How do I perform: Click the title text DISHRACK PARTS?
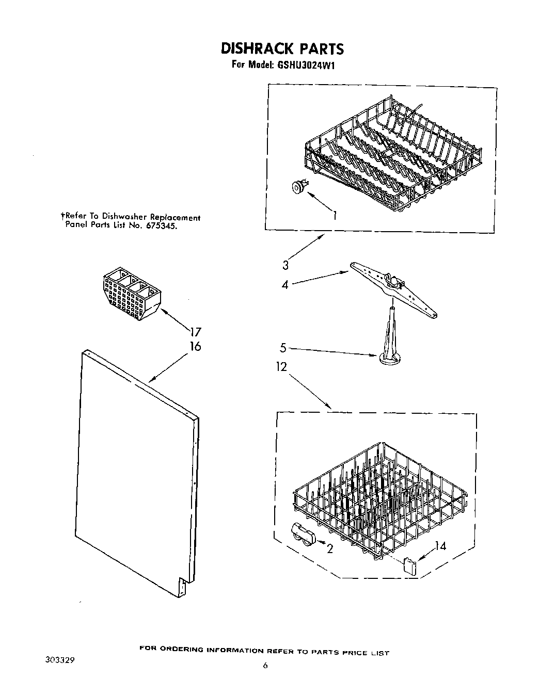[x=282, y=48]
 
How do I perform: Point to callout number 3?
[x=285, y=266]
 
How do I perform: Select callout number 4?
[x=284, y=284]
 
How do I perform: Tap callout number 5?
[x=282, y=348]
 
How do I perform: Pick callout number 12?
[x=281, y=367]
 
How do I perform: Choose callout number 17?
[x=195, y=332]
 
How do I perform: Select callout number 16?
[x=195, y=346]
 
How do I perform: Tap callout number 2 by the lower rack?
[x=329, y=549]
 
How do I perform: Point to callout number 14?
[x=440, y=546]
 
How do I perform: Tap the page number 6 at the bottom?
[x=265, y=666]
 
